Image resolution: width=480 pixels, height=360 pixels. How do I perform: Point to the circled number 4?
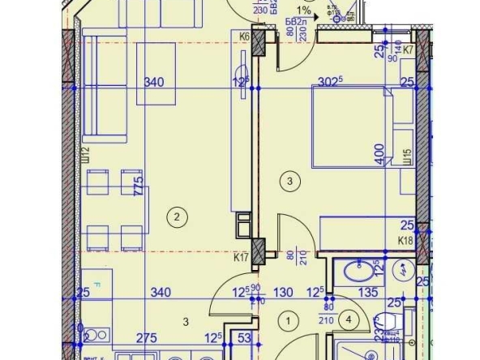tap(349, 320)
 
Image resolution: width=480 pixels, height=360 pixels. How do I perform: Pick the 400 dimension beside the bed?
tap(379, 155)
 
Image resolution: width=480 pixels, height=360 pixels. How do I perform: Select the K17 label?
tap(240, 259)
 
